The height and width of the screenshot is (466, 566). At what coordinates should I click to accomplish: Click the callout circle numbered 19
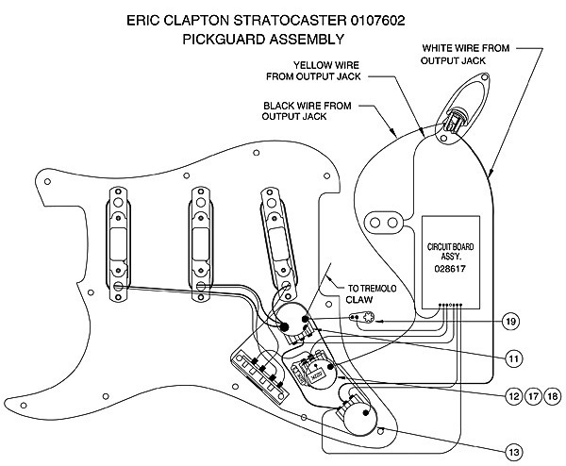pyautogui.click(x=510, y=322)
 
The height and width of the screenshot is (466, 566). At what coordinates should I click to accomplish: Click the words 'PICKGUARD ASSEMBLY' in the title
pyautogui.click(x=264, y=40)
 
